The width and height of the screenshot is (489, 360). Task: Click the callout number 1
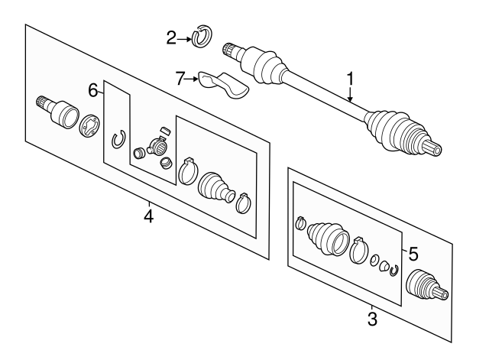(351, 79)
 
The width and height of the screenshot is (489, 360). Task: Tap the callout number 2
(171, 38)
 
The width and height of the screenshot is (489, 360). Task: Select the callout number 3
(372, 319)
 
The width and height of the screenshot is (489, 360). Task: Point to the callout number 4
(149, 216)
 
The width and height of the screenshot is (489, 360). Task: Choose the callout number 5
(413, 254)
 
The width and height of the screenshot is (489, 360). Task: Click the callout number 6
(93, 90)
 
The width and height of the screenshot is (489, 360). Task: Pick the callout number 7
(180, 78)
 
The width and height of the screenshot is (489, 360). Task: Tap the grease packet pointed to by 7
(223, 85)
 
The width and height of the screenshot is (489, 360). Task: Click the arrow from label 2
(184, 39)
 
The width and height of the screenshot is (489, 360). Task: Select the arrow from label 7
(192, 79)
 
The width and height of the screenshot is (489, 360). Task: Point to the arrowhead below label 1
(351, 99)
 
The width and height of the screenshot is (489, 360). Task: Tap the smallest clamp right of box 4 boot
(244, 203)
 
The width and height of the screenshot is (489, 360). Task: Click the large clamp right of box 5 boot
(358, 250)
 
